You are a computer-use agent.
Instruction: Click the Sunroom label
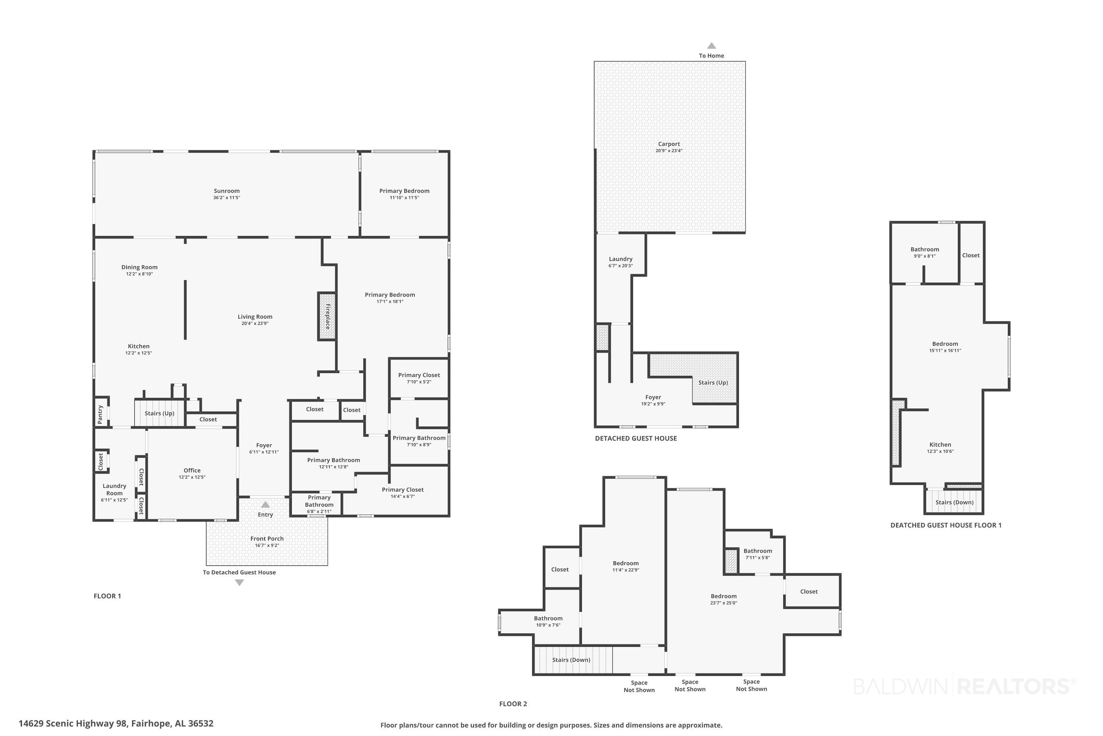point(226,191)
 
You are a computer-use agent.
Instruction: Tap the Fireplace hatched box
point(327,316)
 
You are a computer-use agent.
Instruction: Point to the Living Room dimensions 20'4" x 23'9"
point(255,323)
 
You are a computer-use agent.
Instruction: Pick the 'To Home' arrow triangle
point(711,46)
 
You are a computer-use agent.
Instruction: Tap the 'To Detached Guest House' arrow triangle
point(239,583)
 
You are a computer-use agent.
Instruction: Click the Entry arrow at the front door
point(265,505)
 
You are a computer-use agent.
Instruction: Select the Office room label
point(192,470)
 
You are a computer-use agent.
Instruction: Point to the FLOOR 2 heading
point(513,704)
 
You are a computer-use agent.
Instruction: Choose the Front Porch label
point(267,538)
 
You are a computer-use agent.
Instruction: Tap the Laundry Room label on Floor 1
point(114,489)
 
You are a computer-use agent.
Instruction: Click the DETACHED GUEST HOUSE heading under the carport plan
point(636,438)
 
